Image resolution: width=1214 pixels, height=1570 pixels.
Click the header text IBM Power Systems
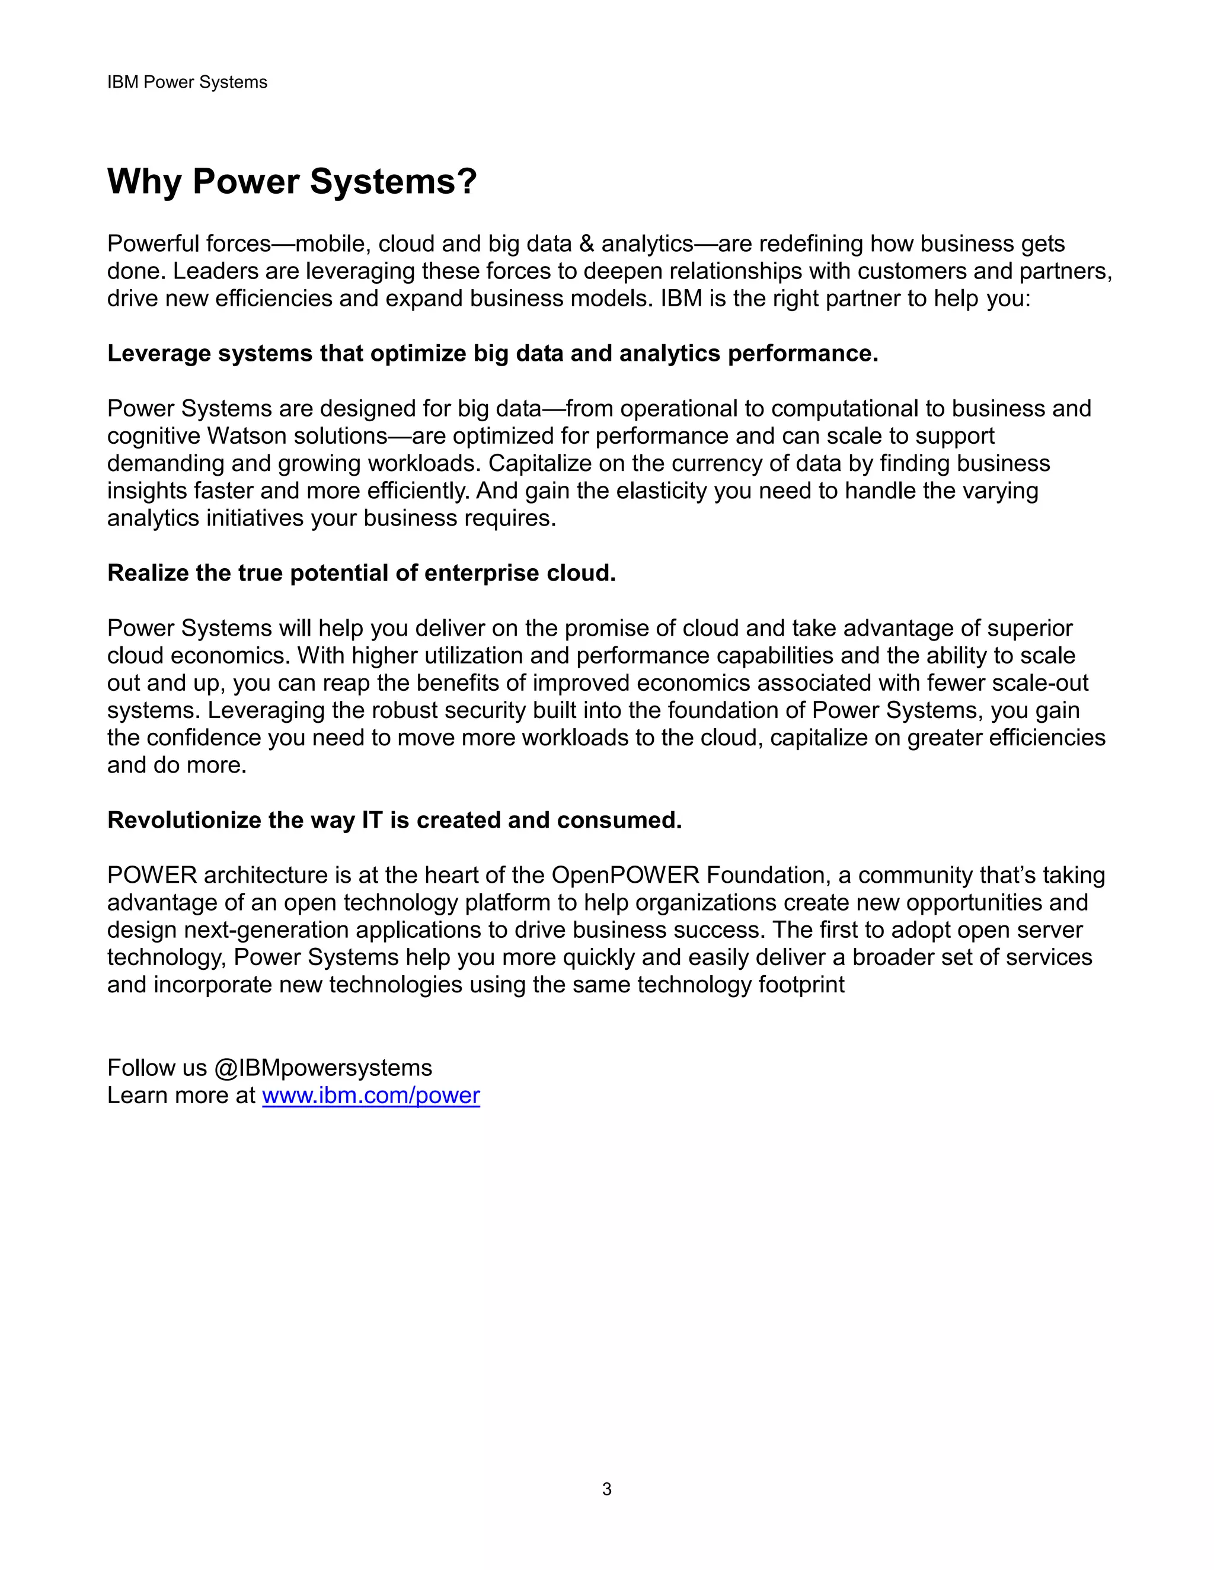187,83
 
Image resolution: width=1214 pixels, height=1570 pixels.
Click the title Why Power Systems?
292,181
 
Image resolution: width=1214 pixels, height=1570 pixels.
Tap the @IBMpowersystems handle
322,1068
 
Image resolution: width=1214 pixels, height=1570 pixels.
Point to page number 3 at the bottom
606,1489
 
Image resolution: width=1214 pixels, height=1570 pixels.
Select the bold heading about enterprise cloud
361,573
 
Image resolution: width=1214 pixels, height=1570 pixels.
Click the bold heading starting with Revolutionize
394,820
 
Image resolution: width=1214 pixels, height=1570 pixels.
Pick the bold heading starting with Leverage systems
493,354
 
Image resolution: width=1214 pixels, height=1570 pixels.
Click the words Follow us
156,1068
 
